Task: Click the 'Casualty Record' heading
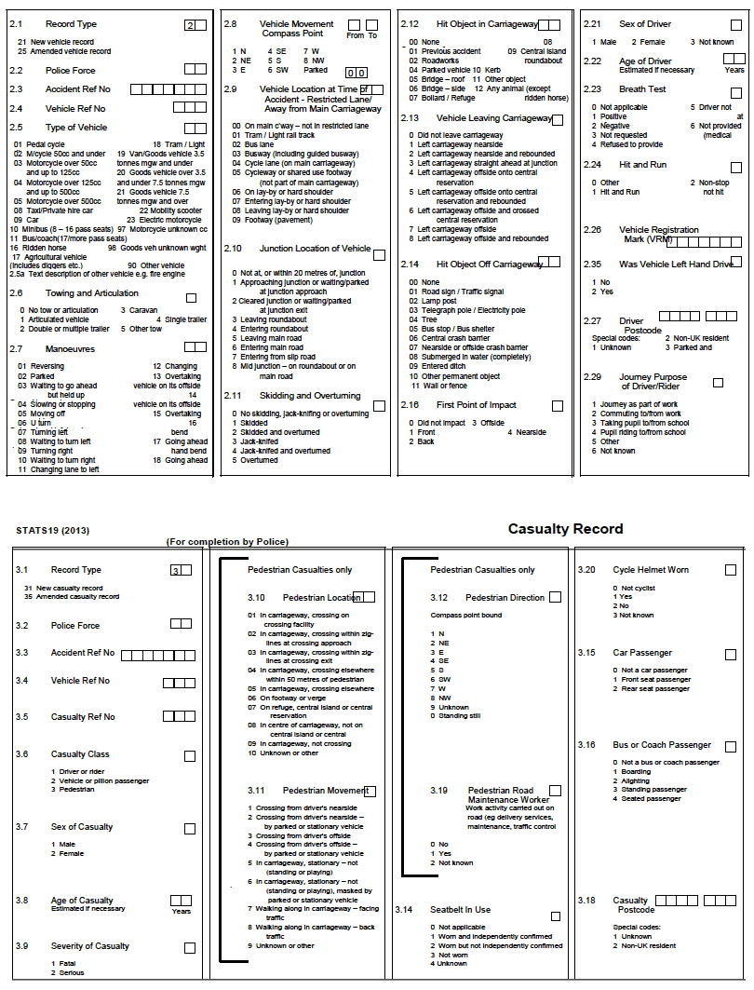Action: (x=565, y=529)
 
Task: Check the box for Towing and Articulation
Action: (x=191, y=298)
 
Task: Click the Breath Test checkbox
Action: (x=735, y=92)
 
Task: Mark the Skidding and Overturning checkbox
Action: (x=379, y=406)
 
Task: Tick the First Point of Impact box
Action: (x=557, y=406)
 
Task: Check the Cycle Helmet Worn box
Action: (x=731, y=570)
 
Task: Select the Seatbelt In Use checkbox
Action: (x=556, y=916)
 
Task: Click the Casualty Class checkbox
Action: (x=190, y=756)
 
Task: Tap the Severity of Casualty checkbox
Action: (x=190, y=947)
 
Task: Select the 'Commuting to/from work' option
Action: (x=640, y=414)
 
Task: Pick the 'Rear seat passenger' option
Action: (x=655, y=689)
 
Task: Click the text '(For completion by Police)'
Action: (x=227, y=541)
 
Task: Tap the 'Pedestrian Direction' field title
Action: (x=505, y=597)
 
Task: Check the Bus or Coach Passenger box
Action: (x=731, y=746)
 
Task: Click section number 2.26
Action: (x=592, y=229)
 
